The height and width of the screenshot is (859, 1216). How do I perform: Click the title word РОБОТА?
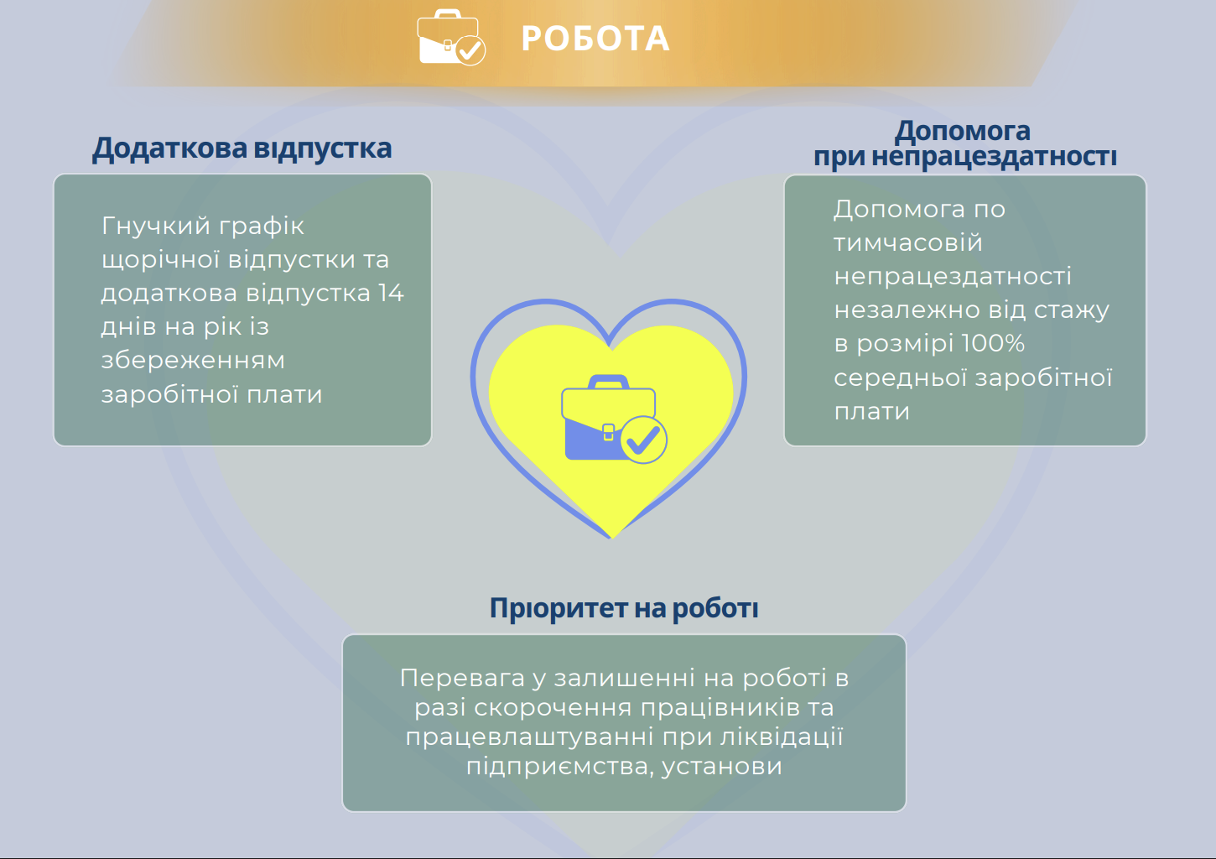(595, 39)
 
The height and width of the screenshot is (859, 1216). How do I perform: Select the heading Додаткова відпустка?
(242, 148)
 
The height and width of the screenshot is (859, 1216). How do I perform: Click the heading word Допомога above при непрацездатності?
(963, 131)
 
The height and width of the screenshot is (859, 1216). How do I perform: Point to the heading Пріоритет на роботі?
(624, 608)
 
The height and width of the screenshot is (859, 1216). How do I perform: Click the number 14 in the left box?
(391, 293)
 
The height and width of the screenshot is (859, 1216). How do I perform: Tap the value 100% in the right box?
(993, 343)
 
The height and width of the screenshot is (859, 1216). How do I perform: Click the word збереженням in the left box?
(193, 361)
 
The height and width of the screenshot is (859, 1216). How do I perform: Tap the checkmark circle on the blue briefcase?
(644, 440)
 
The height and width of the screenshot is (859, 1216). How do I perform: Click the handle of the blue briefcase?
(609, 382)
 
